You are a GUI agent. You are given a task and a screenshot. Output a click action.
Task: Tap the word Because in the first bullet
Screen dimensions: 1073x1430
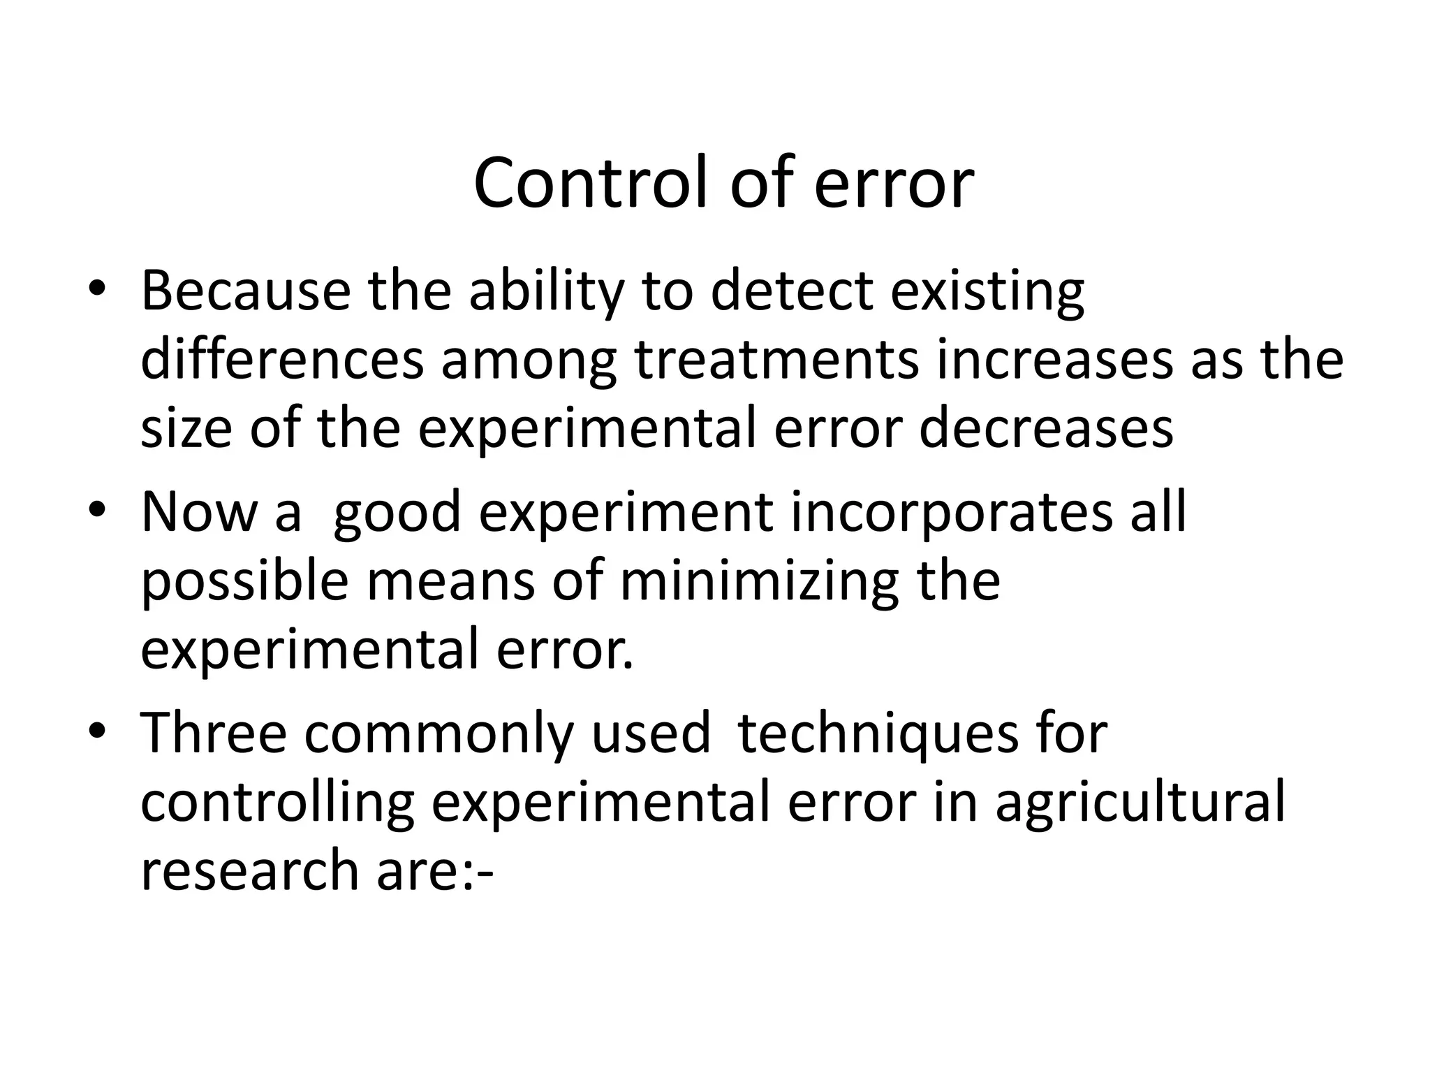pyautogui.click(x=245, y=291)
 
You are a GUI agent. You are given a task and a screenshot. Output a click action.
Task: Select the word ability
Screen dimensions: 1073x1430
pyautogui.click(x=545, y=291)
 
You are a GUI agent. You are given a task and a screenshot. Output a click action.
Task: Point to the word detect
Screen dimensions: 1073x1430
pyautogui.click(x=792, y=291)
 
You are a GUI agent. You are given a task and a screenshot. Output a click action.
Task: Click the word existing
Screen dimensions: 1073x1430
pyautogui.click(x=987, y=292)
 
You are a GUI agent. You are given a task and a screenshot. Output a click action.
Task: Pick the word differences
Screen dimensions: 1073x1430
pyautogui.click(x=282, y=359)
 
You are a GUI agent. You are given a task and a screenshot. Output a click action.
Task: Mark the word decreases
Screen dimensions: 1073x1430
pyautogui.click(x=1046, y=428)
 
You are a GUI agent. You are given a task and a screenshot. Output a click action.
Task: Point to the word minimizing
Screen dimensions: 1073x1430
pyautogui.click(x=759, y=581)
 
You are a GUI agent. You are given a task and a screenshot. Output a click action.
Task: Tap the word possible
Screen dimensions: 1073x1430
pyautogui.click(x=244, y=581)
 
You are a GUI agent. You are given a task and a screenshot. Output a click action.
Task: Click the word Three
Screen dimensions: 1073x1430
pyautogui.click(x=214, y=733)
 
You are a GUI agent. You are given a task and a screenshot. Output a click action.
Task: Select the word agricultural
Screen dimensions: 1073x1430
pyautogui.click(x=1140, y=803)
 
